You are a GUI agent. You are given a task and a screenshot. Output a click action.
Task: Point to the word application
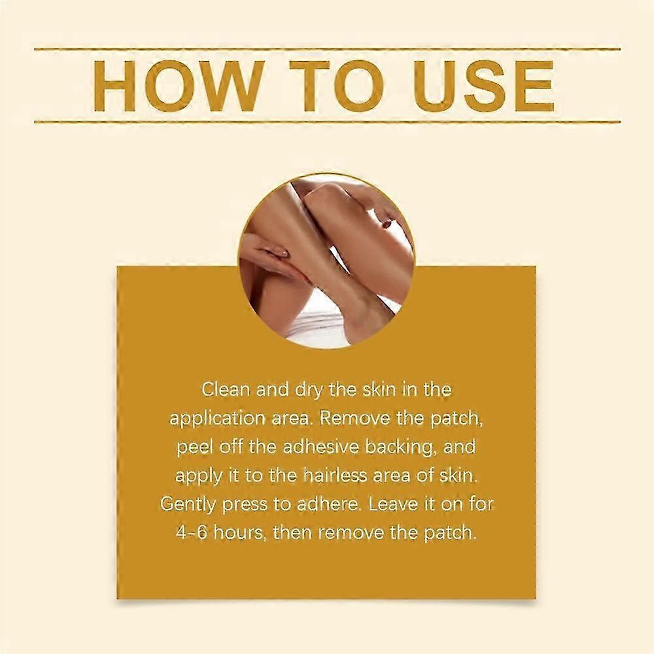click(217, 419)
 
